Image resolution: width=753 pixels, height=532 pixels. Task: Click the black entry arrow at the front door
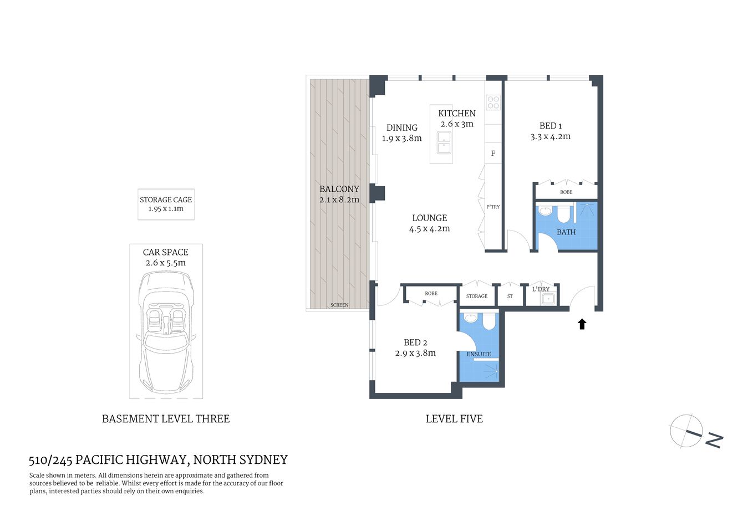point(582,324)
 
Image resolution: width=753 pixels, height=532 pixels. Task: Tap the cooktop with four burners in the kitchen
point(493,103)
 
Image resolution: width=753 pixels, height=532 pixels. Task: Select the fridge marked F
point(493,154)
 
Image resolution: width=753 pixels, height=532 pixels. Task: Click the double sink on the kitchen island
point(444,142)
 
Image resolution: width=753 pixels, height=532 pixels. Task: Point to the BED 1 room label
point(550,126)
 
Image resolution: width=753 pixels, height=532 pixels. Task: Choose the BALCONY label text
point(339,189)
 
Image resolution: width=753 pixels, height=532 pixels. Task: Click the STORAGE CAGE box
point(166,204)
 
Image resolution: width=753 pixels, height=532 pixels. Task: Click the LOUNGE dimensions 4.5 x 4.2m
point(429,228)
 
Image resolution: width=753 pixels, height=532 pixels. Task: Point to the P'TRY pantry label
point(493,207)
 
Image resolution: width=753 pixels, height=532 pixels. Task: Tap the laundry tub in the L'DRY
point(548,299)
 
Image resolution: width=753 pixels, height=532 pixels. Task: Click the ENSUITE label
point(479,354)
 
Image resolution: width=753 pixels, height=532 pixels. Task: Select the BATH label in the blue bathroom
point(566,232)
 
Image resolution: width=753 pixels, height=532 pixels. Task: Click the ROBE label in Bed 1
point(566,192)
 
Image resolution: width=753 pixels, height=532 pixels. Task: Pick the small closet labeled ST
point(510,296)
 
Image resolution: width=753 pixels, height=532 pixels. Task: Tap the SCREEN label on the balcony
point(339,305)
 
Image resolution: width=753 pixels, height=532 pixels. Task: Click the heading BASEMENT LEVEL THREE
point(166,419)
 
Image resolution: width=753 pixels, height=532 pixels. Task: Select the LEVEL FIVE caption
point(454,419)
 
